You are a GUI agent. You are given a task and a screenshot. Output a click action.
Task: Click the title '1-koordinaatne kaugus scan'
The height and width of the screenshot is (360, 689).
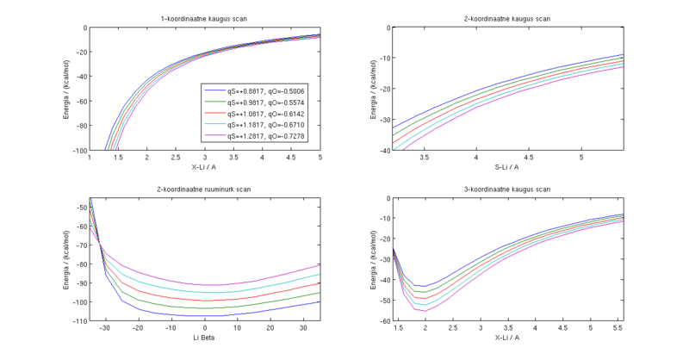pos(205,19)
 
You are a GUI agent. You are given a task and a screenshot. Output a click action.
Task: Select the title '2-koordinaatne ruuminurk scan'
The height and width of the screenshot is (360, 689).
pos(205,189)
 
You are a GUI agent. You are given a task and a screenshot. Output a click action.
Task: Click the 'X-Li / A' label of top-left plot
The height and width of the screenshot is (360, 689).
pos(205,167)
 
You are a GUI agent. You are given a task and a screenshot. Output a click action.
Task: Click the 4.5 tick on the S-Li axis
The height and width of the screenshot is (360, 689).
pos(529,158)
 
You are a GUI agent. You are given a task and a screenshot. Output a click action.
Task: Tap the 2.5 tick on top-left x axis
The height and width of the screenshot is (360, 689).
pos(176,158)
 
